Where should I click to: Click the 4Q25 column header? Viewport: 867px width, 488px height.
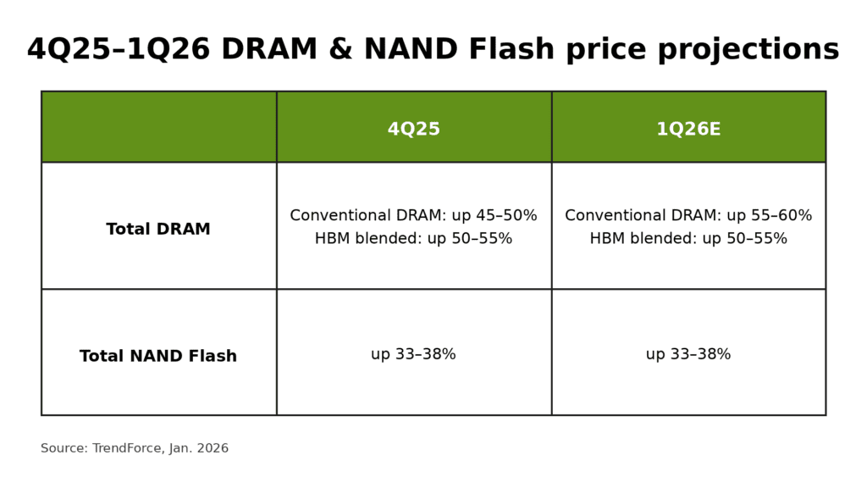[x=413, y=130]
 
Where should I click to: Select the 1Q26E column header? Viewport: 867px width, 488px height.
[x=688, y=130]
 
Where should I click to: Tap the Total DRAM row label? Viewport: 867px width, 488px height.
[x=158, y=230]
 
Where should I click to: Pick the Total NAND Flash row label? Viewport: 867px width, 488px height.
[x=158, y=357]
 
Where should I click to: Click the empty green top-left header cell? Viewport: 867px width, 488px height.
[x=158, y=127]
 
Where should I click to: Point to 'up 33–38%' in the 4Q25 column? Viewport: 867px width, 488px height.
[x=413, y=354]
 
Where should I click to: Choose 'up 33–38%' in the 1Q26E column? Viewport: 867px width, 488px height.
[x=688, y=354]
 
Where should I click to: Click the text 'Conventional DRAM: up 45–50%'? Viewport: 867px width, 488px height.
[x=413, y=216]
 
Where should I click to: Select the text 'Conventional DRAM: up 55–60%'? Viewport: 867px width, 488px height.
[x=688, y=216]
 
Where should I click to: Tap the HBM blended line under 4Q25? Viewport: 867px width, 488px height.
[x=413, y=239]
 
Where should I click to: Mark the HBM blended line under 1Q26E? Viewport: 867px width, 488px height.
[x=688, y=239]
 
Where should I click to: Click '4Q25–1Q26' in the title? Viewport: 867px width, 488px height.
[x=119, y=50]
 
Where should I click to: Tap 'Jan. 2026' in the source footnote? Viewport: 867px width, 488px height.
[x=199, y=449]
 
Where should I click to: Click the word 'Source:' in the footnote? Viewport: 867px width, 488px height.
[x=64, y=449]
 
